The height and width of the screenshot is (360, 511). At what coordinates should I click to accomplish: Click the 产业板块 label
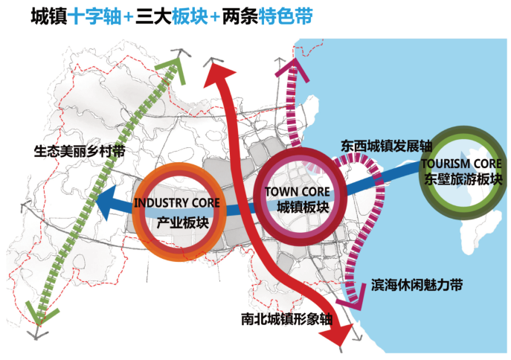pyautogui.click(x=182, y=222)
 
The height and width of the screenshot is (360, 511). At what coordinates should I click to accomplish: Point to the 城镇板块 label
pyautogui.click(x=301, y=208)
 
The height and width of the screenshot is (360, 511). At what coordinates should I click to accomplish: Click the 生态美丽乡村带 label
pyautogui.click(x=80, y=150)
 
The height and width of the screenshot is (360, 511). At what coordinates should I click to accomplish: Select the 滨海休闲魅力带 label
pyautogui.click(x=417, y=285)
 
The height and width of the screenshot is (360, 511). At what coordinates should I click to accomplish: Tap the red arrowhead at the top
pyautogui.click(x=215, y=71)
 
